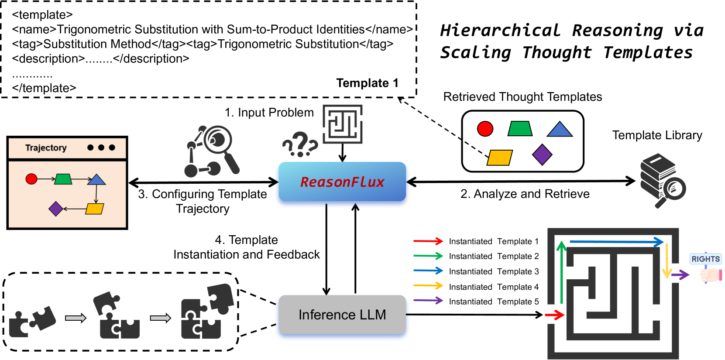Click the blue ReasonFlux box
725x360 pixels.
coord(342,182)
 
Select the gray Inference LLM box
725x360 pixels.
coord(342,315)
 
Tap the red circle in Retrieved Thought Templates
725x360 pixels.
coord(485,129)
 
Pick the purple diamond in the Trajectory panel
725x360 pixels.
coord(56,209)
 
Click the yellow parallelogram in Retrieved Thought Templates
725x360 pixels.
coord(499,158)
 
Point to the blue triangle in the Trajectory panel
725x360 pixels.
coord(96,179)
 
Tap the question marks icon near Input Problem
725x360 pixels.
coord(300,144)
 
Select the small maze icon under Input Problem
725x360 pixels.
coord(343,124)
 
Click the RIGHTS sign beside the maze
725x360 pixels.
coord(705,259)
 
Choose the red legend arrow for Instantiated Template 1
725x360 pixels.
coord(428,241)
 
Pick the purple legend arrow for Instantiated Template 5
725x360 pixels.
coord(428,301)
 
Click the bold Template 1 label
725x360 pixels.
coord(367,83)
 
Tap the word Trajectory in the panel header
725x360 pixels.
coord(46,147)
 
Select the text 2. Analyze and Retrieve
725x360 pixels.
coord(525,194)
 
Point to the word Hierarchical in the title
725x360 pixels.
coord(500,31)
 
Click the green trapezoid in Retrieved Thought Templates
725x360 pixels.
coord(520,129)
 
